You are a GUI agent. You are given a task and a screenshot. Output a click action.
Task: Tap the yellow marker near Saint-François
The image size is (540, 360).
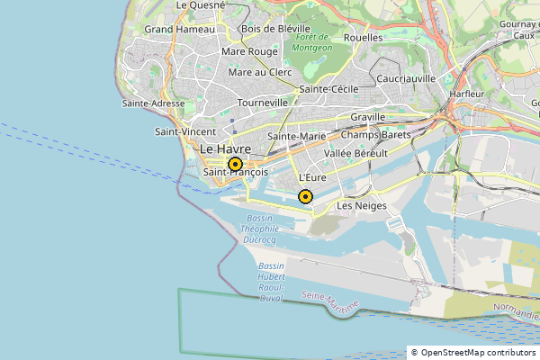point(235,165)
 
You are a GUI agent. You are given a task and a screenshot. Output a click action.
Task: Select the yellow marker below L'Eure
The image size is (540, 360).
point(305,196)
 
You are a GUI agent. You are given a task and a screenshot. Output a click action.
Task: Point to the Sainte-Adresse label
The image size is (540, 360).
point(153,103)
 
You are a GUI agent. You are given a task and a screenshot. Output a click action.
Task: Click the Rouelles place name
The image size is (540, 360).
point(363,38)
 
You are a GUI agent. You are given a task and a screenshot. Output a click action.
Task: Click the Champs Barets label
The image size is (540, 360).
point(375,135)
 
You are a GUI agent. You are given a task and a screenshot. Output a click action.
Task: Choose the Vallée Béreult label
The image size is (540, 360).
point(355,154)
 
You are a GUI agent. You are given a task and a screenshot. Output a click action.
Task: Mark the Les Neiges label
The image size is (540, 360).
point(361,206)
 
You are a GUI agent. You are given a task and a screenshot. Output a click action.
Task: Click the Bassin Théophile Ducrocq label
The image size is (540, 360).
point(261,230)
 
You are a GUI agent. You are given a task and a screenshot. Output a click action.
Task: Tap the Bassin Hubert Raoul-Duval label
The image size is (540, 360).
point(271,282)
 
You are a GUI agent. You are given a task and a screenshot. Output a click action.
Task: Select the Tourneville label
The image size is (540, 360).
point(262,103)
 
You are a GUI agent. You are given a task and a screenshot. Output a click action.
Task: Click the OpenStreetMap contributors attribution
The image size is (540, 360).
point(472,352)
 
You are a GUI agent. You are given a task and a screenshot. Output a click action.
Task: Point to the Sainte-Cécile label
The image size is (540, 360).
point(329,89)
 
